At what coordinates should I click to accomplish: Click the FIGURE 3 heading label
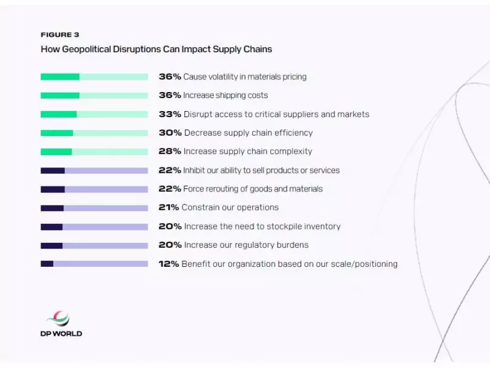coord(59,35)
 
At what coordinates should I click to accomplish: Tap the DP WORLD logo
coord(60,324)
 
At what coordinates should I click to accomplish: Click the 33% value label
coord(170,114)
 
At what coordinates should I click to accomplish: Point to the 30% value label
coord(170,132)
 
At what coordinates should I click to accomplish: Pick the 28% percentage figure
coord(170,151)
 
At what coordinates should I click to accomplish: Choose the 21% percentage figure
coord(169,207)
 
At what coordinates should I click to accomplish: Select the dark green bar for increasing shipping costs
coord(60,96)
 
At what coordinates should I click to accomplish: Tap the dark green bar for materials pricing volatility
coord(60,77)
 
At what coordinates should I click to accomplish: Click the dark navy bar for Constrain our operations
coord(52,208)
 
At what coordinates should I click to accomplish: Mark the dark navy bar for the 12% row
coord(47,264)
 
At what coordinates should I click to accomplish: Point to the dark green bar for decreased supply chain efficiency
coord(57,133)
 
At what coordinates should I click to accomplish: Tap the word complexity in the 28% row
coord(290,151)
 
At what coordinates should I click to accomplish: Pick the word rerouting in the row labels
coord(225,189)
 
